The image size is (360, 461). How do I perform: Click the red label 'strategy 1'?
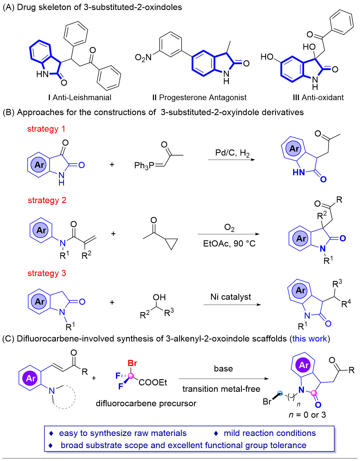click(x=46, y=129)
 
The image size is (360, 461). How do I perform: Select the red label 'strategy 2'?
click(x=47, y=200)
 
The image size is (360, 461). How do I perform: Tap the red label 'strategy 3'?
click(x=47, y=273)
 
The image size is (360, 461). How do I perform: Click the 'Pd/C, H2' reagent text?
click(x=232, y=153)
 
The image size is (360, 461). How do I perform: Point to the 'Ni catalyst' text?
click(x=231, y=297)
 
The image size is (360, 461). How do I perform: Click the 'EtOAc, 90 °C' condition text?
click(x=229, y=243)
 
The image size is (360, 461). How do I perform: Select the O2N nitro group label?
click(x=143, y=58)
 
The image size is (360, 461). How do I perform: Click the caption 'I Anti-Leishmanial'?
click(x=80, y=98)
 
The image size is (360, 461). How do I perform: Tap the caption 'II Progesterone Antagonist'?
click(x=199, y=98)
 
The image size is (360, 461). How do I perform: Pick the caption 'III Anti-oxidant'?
click(x=318, y=98)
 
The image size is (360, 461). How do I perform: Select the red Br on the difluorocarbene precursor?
click(x=132, y=363)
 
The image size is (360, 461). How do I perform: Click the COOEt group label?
click(x=153, y=383)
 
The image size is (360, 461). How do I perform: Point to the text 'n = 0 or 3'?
click(x=307, y=415)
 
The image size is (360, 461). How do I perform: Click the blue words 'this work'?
click(x=309, y=339)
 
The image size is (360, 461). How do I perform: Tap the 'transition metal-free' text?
click(x=221, y=389)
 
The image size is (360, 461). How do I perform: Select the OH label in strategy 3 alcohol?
click(x=159, y=297)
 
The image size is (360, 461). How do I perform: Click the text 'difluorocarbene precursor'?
click(x=146, y=403)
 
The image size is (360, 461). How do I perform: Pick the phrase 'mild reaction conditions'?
click(x=270, y=433)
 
